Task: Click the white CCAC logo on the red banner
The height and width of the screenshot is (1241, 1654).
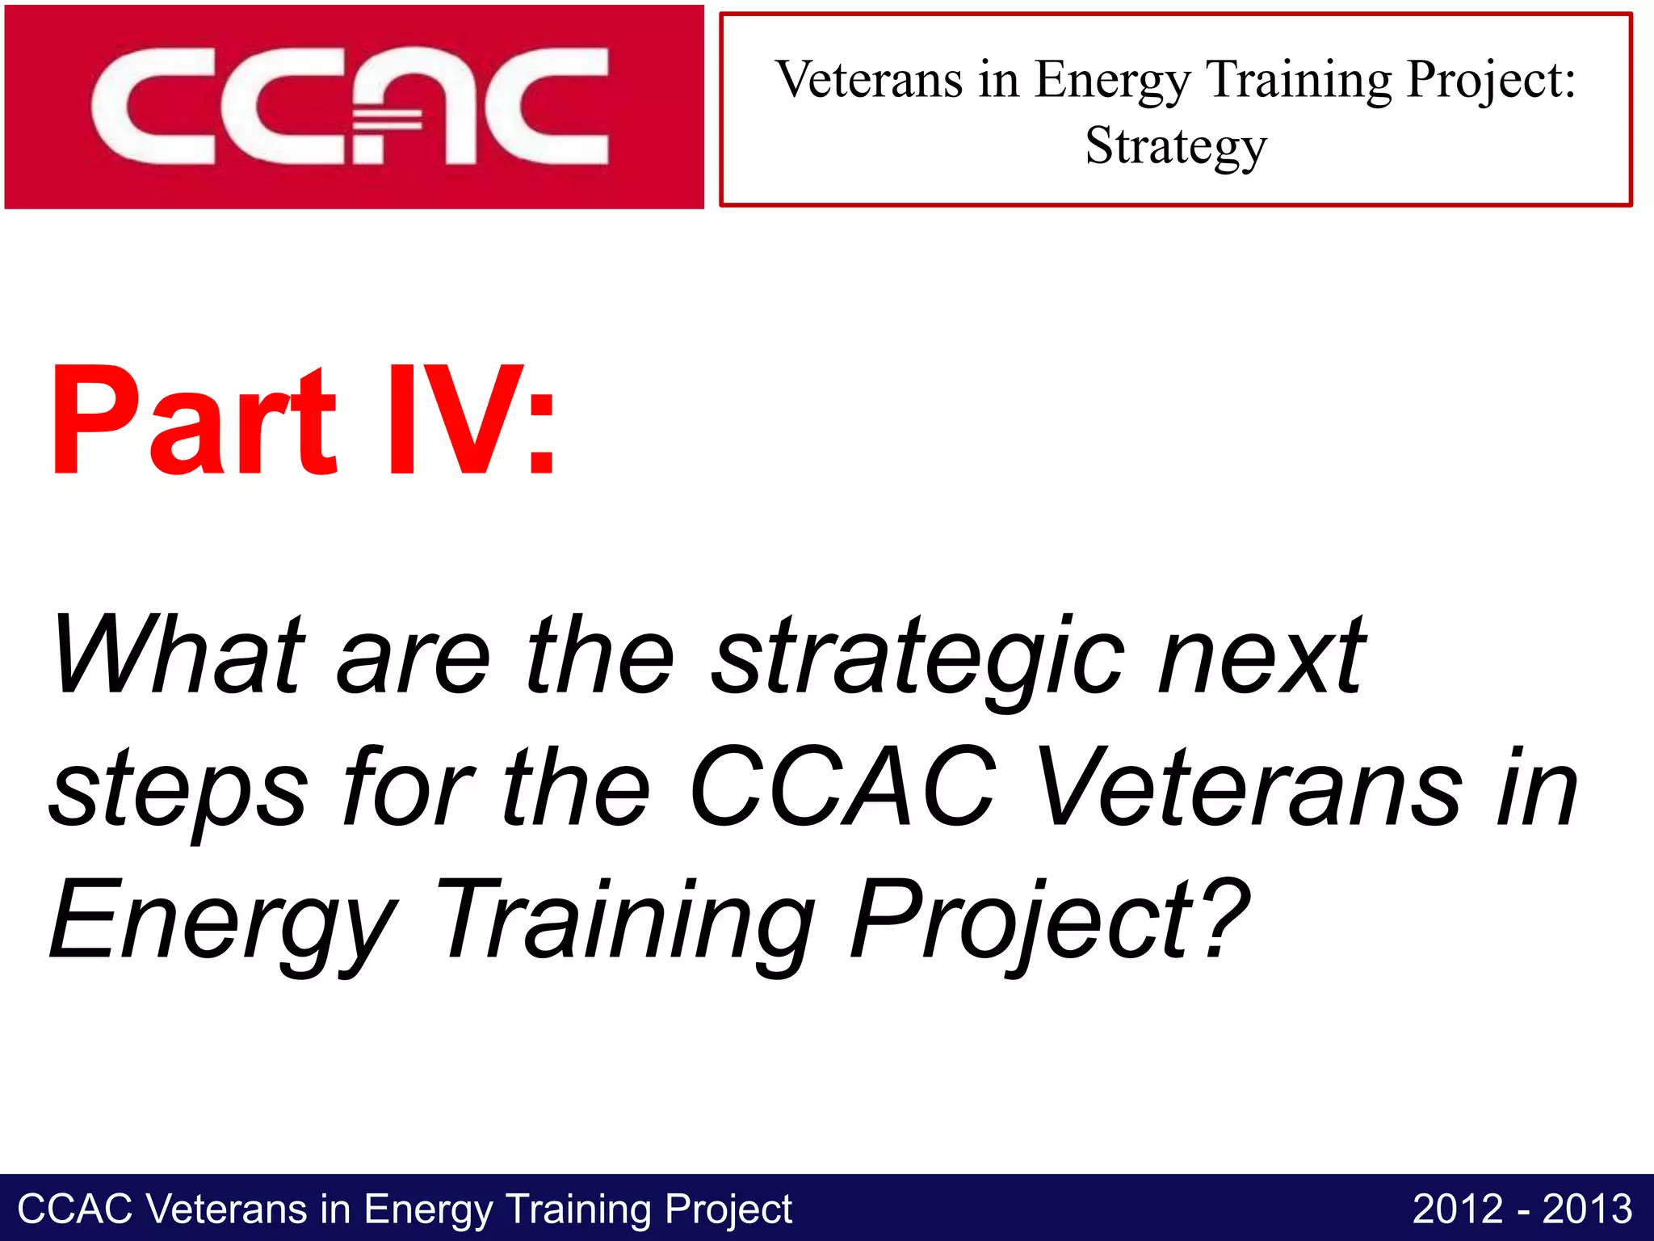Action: (x=349, y=106)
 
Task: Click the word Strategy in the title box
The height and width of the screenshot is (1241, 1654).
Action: (x=1176, y=147)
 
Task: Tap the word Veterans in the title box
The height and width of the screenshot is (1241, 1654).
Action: (x=869, y=80)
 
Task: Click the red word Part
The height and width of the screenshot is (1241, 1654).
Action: (x=194, y=422)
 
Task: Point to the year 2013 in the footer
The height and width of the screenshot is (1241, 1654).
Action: (x=1587, y=1209)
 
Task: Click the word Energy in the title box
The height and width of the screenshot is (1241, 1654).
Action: (x=1113, y=82)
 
